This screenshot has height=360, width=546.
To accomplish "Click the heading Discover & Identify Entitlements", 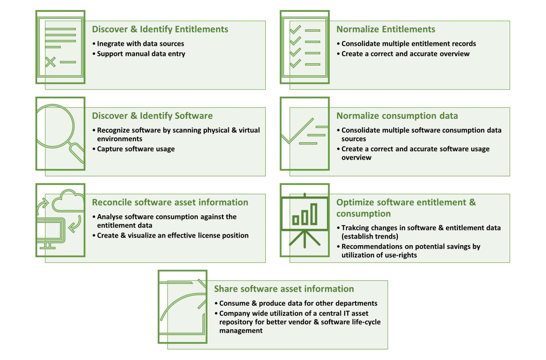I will [160, 29].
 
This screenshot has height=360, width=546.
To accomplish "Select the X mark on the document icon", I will [50, 62].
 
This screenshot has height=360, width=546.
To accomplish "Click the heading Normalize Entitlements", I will [386, 29].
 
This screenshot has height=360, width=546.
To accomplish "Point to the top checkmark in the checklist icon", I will [295, 30].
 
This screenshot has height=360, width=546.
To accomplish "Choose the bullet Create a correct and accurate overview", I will [405, 54].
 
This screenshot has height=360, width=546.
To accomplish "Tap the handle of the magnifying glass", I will [77, 153].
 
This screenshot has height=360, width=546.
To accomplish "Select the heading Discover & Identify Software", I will [152, 116].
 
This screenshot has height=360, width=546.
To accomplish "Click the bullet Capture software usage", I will [136, 149].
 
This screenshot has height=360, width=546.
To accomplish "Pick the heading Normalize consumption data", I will [397, 116].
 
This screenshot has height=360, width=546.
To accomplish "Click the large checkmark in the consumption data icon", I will [297, 131].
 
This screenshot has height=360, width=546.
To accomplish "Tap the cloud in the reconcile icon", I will [68, 202].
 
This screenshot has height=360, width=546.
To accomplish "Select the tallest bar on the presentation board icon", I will [314, 214].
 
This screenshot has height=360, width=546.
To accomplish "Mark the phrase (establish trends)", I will [370, 237].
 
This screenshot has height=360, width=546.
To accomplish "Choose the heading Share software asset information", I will [284, 289].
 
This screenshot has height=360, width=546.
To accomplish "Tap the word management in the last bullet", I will [241, 331].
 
